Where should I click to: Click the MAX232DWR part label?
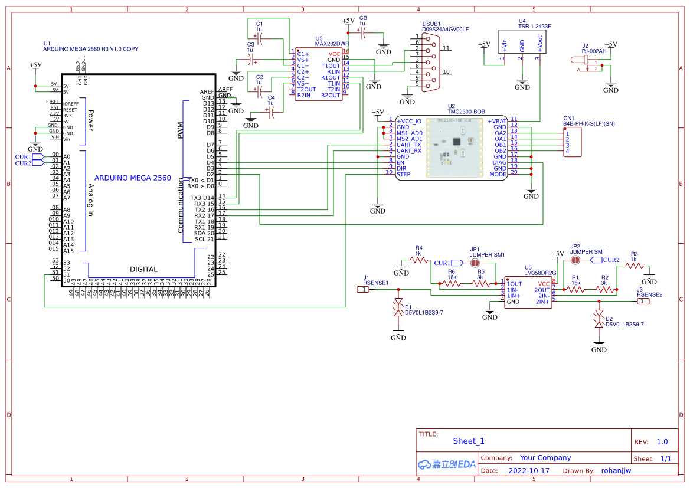pos(332,44)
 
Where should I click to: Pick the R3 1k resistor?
pos(634,266)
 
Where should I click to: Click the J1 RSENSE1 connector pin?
pos(365,289)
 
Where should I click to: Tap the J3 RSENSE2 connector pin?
pos(643,302)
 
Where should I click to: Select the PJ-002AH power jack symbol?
pos(584,63)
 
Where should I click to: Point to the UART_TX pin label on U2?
pos(409,145)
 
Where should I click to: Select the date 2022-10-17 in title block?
pos(528,471)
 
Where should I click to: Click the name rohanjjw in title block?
pos(616,471)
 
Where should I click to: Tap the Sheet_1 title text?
pos(469,441)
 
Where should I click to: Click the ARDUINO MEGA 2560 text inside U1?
pos(133,178)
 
